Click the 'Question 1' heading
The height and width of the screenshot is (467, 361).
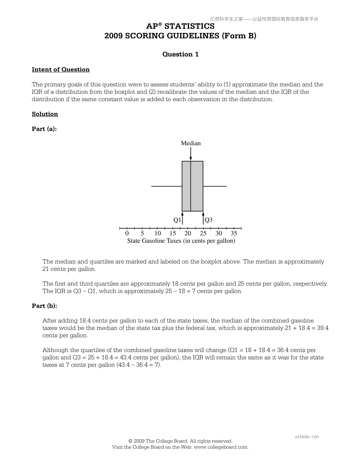tap(180, 54)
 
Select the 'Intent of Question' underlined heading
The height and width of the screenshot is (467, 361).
tap(61, 70)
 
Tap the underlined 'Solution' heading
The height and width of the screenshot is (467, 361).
tap(45, 114)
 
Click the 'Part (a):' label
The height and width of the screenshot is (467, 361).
tap(44, 129)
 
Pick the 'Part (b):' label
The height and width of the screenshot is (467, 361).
tap(44, 306)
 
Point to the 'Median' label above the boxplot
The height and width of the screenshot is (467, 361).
tap(191, 143)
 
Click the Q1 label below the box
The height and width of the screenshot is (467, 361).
tap(177, 220)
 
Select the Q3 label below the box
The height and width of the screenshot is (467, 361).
tap(209, 220)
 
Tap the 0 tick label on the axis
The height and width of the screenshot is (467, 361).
tap(127, 233)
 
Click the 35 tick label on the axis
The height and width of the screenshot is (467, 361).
tap(234, 233)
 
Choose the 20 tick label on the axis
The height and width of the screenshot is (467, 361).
tap(188, 233)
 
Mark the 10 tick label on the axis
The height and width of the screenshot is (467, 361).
tap(157, 233)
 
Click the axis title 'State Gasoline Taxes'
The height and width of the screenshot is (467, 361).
tap(181, 241)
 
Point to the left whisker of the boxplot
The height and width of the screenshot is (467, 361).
tap(167, 186)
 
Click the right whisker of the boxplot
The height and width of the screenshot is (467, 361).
tap(215, 186)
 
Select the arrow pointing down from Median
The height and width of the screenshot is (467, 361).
tap(191, 154)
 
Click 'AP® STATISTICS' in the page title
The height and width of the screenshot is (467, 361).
tap(180, 26)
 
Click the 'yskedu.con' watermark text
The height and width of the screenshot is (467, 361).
tap(307, 437)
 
